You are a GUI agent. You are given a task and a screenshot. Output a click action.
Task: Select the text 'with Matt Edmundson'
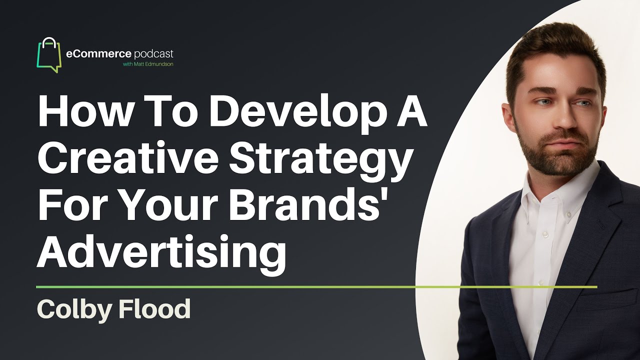(x=148, y=64)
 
